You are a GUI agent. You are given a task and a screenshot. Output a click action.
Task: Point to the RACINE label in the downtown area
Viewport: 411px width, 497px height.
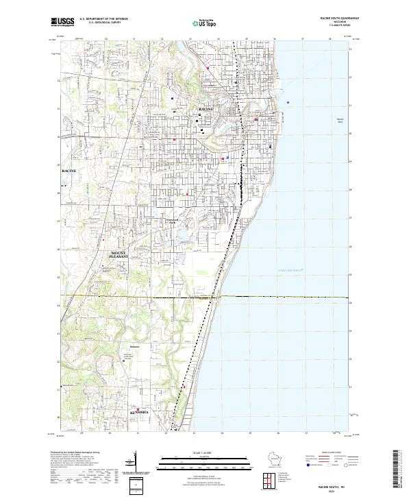pos(206,109)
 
